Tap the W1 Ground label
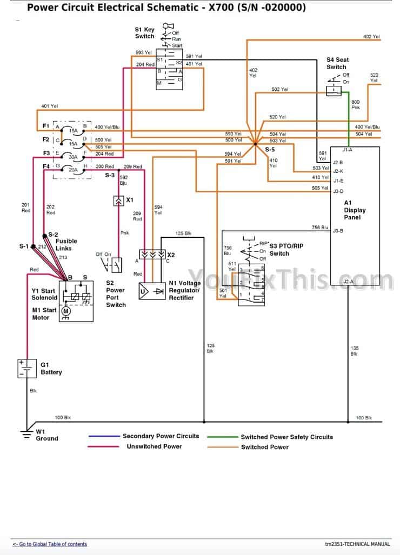[46, 435]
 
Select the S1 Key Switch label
[145, 32]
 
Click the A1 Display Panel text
[355, 210]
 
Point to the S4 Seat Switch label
[337, 63]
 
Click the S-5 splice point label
[269, 149]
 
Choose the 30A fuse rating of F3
[72, 157]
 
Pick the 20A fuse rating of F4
[72, 170]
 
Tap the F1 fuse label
[46, 126]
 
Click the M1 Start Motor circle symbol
[66, 311]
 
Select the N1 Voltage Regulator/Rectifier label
[184, 290]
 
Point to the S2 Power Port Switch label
[115, 293]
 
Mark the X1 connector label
[130, 200]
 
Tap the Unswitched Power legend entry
[154, 446]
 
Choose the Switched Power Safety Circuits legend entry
[286, 437]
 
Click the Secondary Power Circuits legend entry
[161, 436]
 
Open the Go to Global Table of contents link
[50, 544]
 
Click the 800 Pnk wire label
[355, 104]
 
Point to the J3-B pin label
[337, 231]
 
